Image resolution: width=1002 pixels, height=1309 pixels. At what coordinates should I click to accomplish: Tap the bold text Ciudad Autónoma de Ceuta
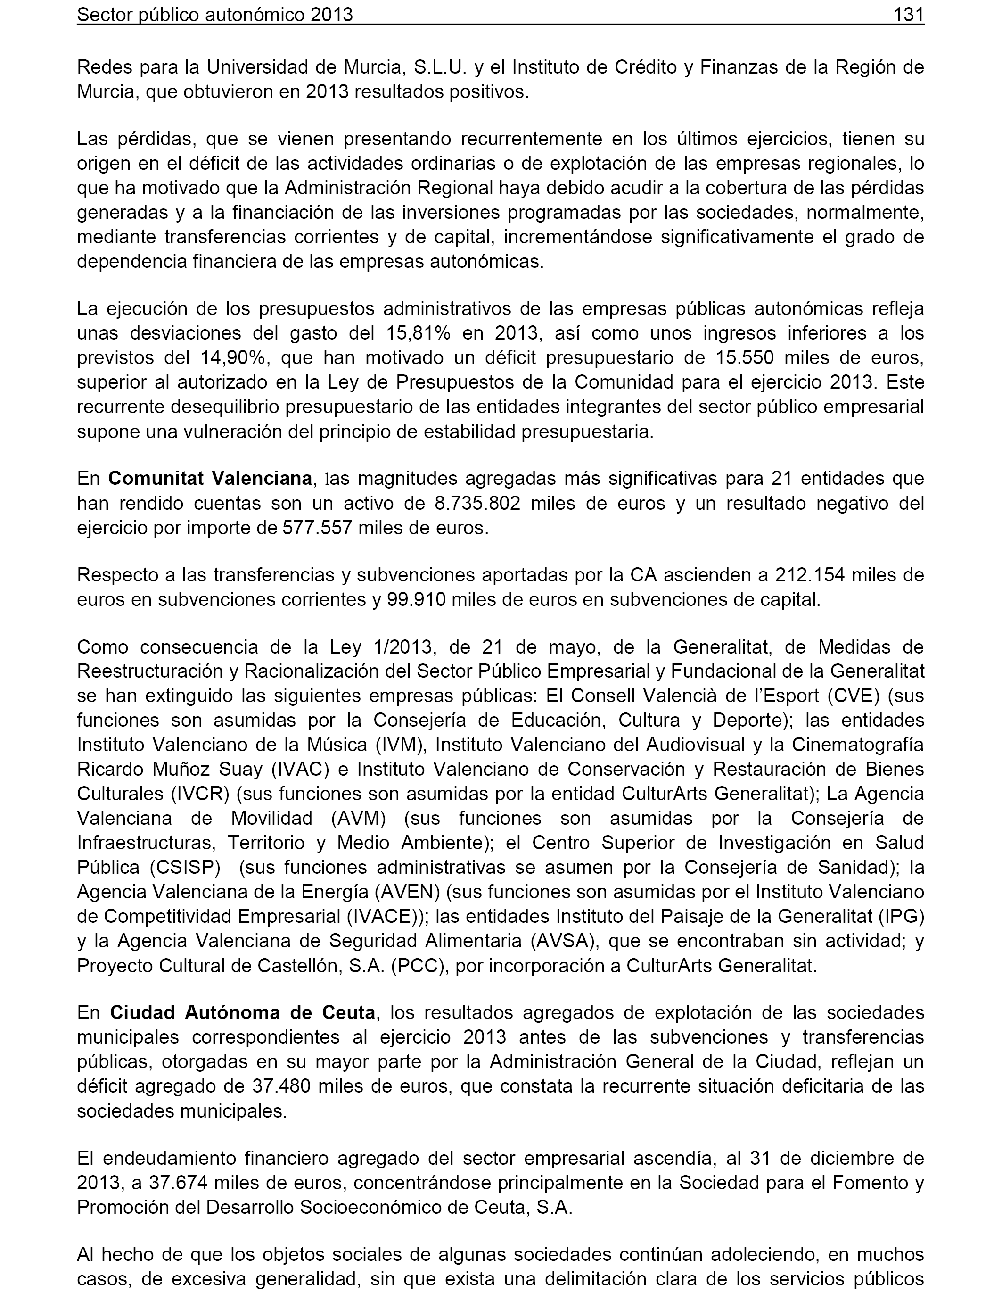pyautogui.click(x=243, y=1012)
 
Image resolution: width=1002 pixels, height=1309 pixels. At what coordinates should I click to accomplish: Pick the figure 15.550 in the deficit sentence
pyautogui.click(x=744, y=357)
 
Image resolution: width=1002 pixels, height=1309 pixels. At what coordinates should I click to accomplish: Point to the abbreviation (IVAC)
pyautogui.click(x=301, y=770)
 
